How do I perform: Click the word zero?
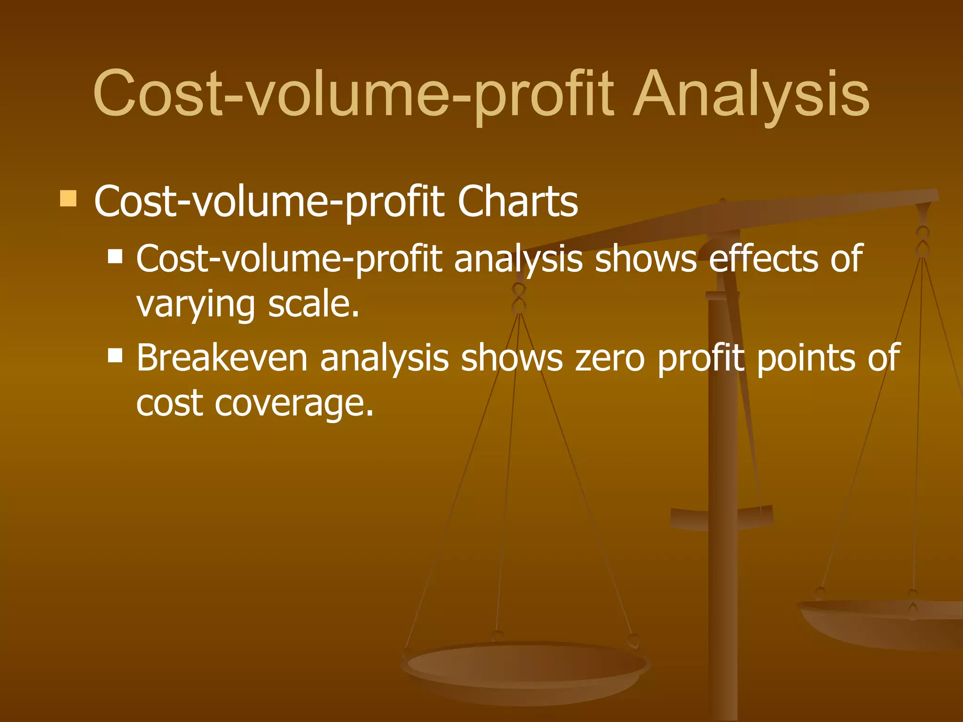610,358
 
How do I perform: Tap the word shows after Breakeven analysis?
512,358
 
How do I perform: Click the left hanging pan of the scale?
526,667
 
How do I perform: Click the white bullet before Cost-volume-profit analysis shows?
115,257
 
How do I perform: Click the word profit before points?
701,358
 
